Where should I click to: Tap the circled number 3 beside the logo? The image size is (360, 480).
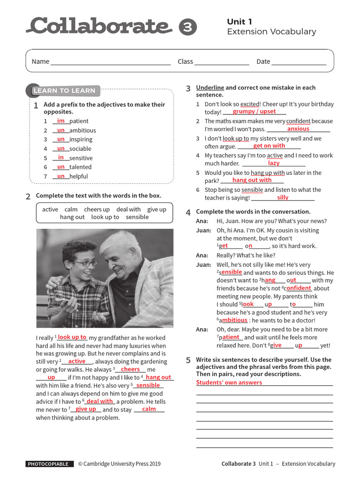(x=188, y=27)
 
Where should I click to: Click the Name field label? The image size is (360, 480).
(x=40, y=61)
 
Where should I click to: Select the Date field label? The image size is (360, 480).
(x=263, y=61)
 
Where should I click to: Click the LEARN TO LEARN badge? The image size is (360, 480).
(x=64, y=90)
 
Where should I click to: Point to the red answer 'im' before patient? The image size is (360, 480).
(x=61, y=121)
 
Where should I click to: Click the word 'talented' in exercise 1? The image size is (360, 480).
(x=80, y=167)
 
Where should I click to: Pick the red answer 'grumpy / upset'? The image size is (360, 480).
(x=254, y=112)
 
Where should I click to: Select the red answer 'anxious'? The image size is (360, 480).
(x=298, y=129)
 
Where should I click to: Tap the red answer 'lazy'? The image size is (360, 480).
(x=274, y=163)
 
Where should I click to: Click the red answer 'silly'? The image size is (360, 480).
(x=283, y=197)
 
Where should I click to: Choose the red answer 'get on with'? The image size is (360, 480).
(x=269, y=146)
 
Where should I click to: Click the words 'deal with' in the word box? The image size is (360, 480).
(x=128, y=210)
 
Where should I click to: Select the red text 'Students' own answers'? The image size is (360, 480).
(x=229, y=382)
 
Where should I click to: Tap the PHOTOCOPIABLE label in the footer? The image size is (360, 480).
(x=50, y=464)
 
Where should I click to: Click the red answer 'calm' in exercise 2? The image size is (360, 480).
(x=149, y=409)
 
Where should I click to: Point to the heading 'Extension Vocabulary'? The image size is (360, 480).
(x=271, y=32)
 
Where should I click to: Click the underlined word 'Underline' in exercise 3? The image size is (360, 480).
(x=210, y=88)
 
